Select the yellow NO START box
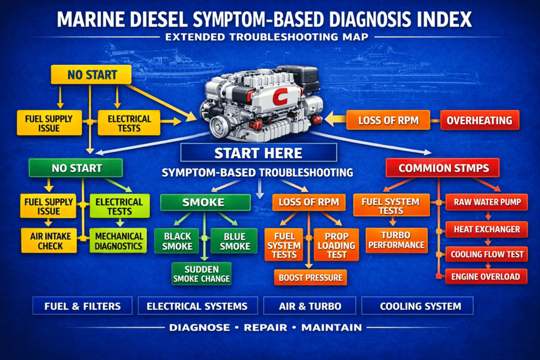pyautogui.click(x=91, y=75)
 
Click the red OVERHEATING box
pyautogui.click(x=480, y=120)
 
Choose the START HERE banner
pyautogui.click(x=258, y=153)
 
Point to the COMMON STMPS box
pyautogui.click(x=443, y=169)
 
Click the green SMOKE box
pyautogui.click(x=205, y=202)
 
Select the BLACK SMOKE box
pyautogui.click(x=177, y=241)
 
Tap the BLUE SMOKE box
pyautogui.click(x=234, y=241)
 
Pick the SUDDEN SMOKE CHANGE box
pyautogui.click(x=201, y=274)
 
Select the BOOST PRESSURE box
pyautogui.click(x=310, y=277)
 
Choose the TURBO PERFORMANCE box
pyautogui.click(x=397, y=240)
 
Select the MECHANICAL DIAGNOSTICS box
pyautogui.click(x=118, y=241)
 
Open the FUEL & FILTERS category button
pyautogui.click(x=82, y=306)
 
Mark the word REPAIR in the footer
pyautogui.click(x=265, y=327)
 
